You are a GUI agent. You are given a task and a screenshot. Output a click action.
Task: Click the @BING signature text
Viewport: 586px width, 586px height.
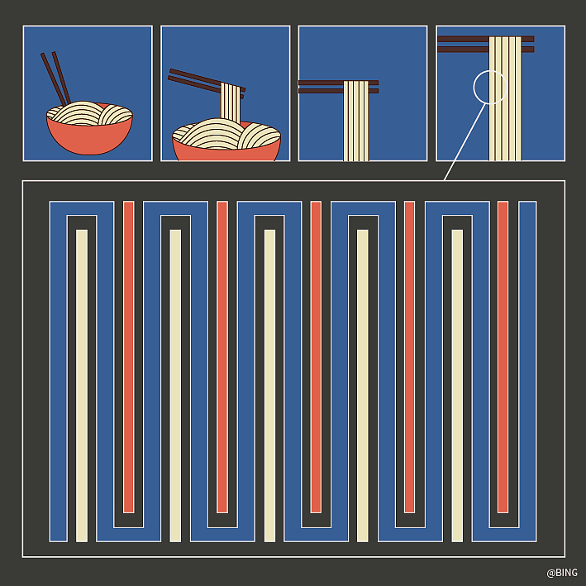(562, 573)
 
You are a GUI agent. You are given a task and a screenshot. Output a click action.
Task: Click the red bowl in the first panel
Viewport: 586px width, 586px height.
(89, 135)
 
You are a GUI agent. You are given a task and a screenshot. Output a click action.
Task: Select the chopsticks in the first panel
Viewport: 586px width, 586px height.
(55, 79)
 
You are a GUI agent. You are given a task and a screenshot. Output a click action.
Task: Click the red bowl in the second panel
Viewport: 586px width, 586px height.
(226, 148)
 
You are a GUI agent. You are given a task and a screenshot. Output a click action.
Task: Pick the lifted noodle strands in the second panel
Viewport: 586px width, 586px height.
(231, 102)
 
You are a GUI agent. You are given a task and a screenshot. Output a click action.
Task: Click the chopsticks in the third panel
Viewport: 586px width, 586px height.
(338, 87)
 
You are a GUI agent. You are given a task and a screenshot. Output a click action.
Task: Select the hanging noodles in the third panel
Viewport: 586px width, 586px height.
(355, 121)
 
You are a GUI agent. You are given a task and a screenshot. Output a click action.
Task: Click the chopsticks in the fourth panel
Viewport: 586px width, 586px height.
(486, 44)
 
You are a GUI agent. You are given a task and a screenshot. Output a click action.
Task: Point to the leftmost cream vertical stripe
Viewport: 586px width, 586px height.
(82, 386)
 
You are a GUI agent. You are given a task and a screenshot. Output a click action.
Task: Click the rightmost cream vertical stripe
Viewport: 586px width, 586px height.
(457, 386)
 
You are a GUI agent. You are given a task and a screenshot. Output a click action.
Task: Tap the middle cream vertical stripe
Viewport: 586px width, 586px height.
(269, 386)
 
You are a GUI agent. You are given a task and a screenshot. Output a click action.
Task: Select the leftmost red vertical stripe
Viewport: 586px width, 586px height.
(129, 357)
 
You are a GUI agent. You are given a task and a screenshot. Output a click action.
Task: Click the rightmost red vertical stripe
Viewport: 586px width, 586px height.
(503, 357)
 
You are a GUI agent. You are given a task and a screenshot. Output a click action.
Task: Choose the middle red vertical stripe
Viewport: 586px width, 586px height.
(316, 357)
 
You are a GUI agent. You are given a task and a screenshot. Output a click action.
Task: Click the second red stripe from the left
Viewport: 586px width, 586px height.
(222, 357)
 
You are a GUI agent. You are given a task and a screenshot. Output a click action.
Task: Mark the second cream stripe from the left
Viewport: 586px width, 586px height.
(175, 386)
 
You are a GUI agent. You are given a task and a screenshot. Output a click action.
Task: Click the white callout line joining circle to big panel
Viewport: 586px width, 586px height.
(465, 141)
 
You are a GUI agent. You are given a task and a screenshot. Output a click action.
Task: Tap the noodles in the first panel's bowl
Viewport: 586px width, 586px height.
(90, 113)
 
